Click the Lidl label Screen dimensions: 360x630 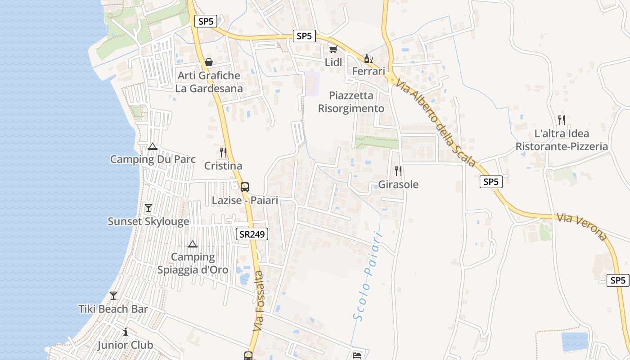click(333, 62)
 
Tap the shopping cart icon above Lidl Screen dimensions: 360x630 click(333, 49)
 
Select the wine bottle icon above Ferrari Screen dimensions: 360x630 click(368, 58)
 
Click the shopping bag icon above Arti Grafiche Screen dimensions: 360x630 click(209, 62)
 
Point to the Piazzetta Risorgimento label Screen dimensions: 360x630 click(351, 102)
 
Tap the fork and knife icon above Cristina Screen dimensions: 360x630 click(223, 152)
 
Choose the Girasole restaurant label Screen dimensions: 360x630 click(398, 184)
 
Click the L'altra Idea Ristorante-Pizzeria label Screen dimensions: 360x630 click(562, 140)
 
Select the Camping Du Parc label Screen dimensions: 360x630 click(153, 159)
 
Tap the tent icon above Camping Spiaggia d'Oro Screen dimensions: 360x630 click(193, 244)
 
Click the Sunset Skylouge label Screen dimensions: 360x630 click(148, 221)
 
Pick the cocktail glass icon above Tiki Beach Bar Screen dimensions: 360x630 click(113, 296)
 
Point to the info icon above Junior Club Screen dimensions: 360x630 click(126, 332)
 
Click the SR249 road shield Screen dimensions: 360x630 click(252, 234)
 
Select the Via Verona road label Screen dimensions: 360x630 click(582, 226)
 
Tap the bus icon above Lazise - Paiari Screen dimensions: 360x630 click(245, 187)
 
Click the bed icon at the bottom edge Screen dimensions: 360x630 click(357, 355)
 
